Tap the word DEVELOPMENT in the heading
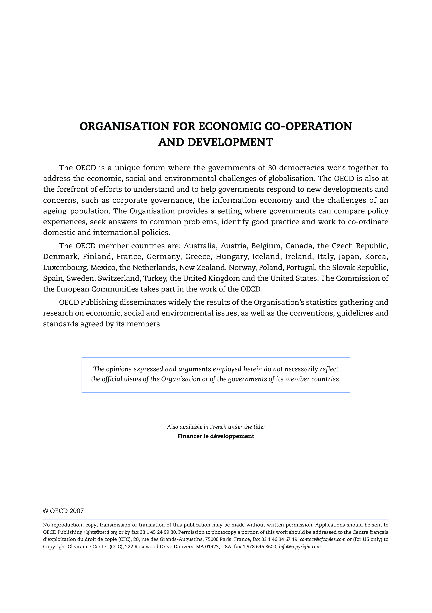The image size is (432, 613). (x=230, y=142)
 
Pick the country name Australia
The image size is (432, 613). (x=200, y=246)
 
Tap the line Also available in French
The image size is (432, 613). (x=216, y=427)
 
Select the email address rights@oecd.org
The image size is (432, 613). (x=100, y=532)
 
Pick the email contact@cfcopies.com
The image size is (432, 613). (x=323, y=539)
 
